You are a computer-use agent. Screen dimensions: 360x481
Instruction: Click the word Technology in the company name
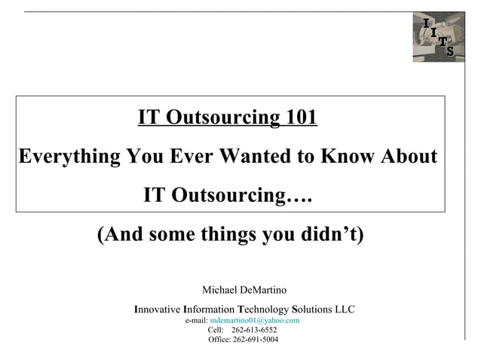click(x=263, y=310)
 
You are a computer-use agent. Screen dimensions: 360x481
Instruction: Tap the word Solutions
click(x=312, y=310)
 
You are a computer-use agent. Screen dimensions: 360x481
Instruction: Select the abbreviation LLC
click(x=345, y=310)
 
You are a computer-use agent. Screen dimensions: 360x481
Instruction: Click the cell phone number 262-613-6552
click(x=254, y=330)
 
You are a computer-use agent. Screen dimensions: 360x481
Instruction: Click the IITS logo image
click(x=438, y=37)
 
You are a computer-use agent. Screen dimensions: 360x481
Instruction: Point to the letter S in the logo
click(x=450, y=51)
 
